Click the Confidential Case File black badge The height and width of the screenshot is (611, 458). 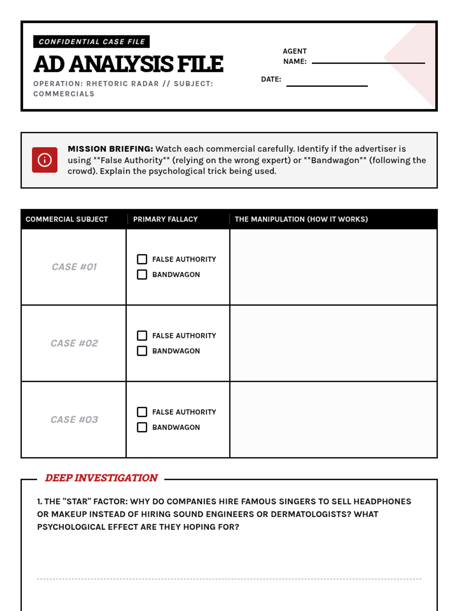click(x=91, y=42)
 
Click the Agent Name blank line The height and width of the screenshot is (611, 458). click(x=368, y=62)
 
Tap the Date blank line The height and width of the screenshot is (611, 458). click(x=327, y=85)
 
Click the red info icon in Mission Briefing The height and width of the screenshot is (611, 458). click(x=45, y=160)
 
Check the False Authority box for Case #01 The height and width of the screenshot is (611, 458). click(x=142, y=259)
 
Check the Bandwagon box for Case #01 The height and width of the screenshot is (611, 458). click(x=142, y=275)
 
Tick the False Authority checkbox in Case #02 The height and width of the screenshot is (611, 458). click(x=142, y=336)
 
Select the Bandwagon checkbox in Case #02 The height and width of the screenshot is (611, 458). click(x=142, y=351)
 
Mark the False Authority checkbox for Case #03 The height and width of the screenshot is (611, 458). click(x=142, y=412)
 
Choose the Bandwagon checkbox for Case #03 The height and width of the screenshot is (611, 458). click(x=142, y=427)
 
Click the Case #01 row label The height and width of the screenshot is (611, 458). click(x=74, y=267)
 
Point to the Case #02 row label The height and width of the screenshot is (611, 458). click(x=74, y=343)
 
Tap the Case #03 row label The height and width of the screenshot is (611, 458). click(x=74, y=420)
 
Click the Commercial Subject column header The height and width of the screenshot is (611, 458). click(x=67, y=219)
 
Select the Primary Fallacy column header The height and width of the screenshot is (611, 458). click(x=165, y=219)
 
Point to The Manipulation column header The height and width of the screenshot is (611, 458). click(x=301, y=219)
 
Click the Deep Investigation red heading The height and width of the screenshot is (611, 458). click(x=101, y=478)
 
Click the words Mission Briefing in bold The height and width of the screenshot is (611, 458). click(x=110, y=149)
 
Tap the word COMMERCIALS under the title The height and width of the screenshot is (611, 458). click(x=64, y=94)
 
